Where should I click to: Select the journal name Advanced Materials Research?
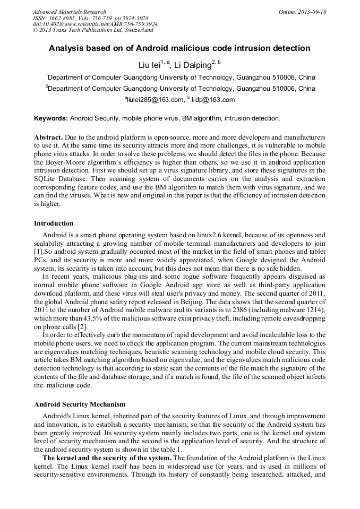click(69, 12)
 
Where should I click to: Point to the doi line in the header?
click(95, 24)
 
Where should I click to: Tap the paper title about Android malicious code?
click(179, 48)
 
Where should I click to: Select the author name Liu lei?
click(149, 65)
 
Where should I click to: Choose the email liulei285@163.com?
click(155, 99)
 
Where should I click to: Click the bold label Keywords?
click(51, 118)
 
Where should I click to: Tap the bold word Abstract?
click(49, 137)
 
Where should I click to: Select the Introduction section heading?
click(54, 223)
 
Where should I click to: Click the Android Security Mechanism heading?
click(80, 404)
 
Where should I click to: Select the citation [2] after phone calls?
click(79, 327)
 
